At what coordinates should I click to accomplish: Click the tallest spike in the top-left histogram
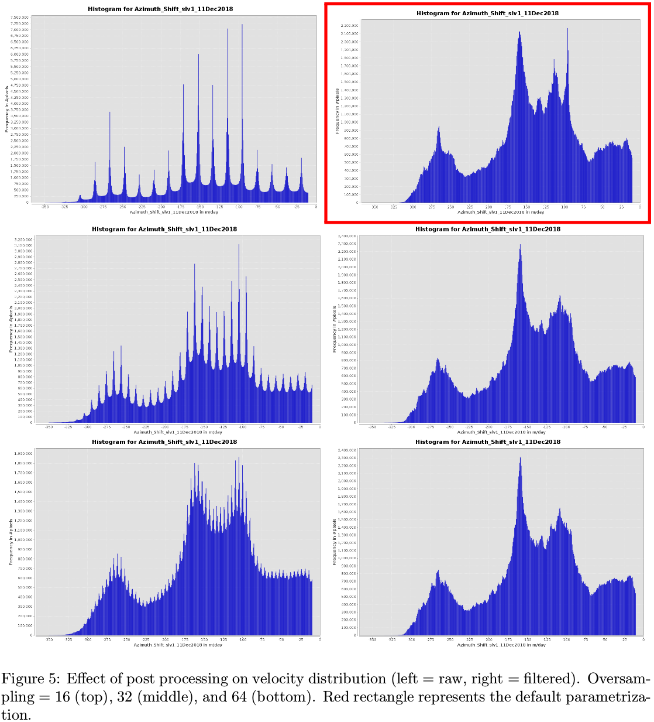tap(242, 26)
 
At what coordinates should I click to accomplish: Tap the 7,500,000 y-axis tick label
tap(19, 18)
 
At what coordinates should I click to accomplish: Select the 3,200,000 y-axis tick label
tap(23, 239)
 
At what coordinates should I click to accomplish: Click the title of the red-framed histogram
tap(487, 13)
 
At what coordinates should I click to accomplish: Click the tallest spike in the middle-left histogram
tap(239, 246)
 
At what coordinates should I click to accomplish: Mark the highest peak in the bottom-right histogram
tap(520, 459)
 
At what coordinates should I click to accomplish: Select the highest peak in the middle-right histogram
tap(520, 247)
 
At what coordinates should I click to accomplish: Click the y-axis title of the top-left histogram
tap(7, 109)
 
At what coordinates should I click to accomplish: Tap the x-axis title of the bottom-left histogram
tap(178, 645)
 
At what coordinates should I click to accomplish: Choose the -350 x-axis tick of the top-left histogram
tap(45, 207)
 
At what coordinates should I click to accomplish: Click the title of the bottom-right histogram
tap(487, 442)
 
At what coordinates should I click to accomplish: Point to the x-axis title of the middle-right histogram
tap(501, 432)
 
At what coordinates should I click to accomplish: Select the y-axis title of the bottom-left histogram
tap(11, 542)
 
